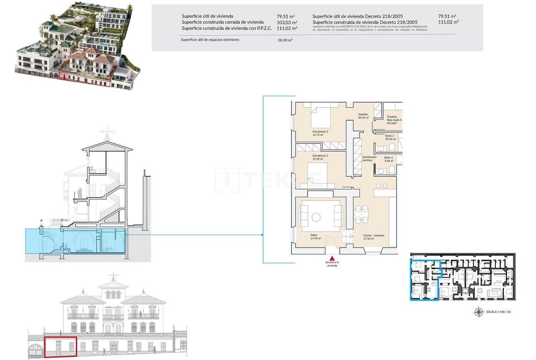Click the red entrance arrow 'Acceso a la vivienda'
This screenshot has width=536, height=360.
pos(332,259)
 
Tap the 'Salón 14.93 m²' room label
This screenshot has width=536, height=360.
pos(316,237)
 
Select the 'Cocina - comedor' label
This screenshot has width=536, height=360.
pos(374,237)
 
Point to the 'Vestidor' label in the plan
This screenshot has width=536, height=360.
pos(363,116)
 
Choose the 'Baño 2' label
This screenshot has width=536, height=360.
pos(390,137)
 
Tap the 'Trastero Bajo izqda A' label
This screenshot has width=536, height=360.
pos(394,120)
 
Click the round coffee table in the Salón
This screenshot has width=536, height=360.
pos(316,217)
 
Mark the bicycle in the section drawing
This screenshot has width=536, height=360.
pos(108,249)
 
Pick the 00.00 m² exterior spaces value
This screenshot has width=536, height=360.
pos(285,40)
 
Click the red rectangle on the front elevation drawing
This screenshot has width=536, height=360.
pos(61,347)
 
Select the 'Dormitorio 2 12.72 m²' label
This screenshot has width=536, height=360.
pos(320,134)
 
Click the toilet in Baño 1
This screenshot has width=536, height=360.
pos(392,169)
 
